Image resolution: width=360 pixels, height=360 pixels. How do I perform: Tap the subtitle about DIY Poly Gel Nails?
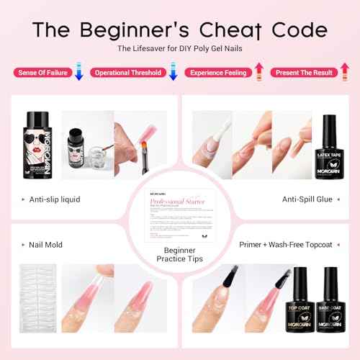click(180, 49)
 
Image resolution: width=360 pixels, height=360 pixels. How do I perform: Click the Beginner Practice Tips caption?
click(180, 253)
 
